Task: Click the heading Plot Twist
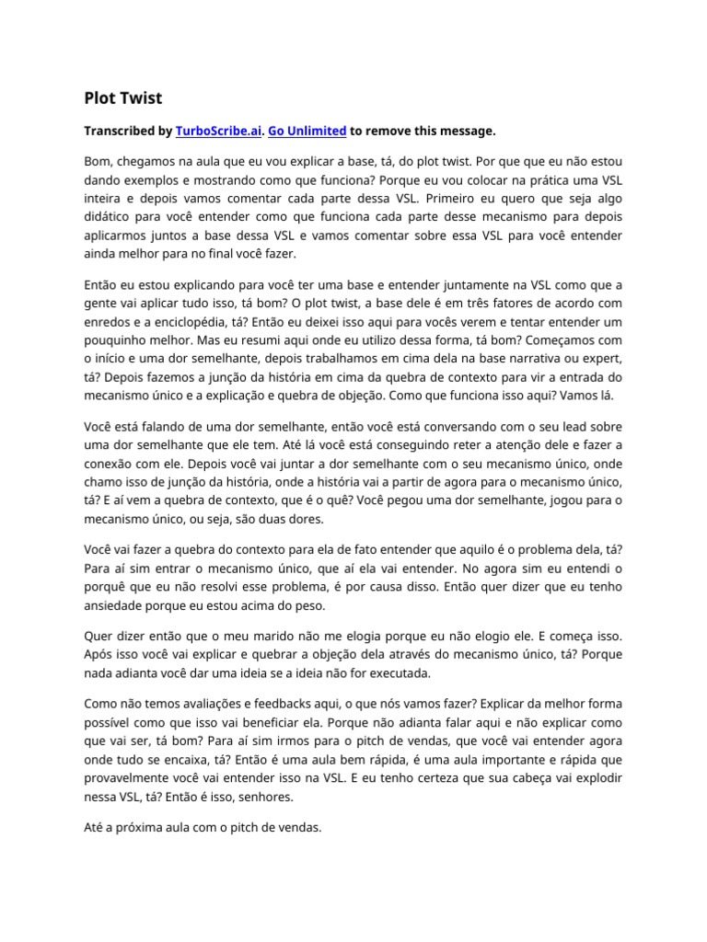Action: pyautogui.click(x=123, y=98)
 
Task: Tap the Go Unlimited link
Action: pyautogui.click(x=307, y=131)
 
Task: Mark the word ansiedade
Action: pyautogui.click(x=115, y=607)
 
